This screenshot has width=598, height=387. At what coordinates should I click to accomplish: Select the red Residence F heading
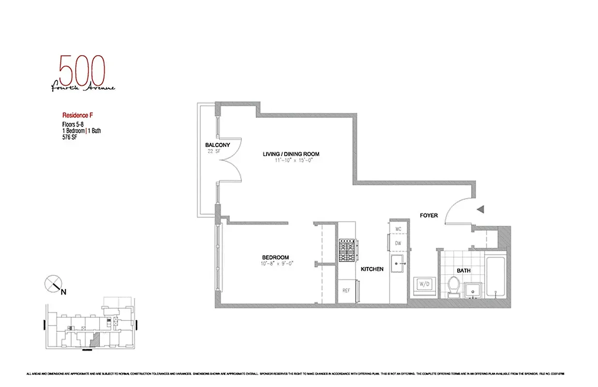[x=77, y=116]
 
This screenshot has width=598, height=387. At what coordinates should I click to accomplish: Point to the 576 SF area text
[x=66, y=137]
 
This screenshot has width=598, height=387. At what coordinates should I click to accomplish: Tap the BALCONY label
[x=217, y=145]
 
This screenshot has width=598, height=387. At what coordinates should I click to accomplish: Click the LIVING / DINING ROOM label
[x=291, y=154]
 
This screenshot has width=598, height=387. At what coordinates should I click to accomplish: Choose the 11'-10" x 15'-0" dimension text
[x=291, y=160]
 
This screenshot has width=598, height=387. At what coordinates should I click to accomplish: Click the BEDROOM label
[x=275, y=257]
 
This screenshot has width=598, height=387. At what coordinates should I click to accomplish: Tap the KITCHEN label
[x=372, y=269]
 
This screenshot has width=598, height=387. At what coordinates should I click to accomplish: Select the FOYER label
[x=429, y=215]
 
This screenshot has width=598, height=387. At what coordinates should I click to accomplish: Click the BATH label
[x=463, y=271]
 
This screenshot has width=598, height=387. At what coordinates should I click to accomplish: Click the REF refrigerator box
[x=346, y=291]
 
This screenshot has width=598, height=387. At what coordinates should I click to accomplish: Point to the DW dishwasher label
[x=398, y=243]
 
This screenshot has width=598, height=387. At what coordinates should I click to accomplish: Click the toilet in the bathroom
[x=454, y=285]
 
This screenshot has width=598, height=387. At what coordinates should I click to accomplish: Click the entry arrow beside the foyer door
[x=481, y=209]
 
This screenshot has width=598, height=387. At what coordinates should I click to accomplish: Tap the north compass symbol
[x=53, y=283]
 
